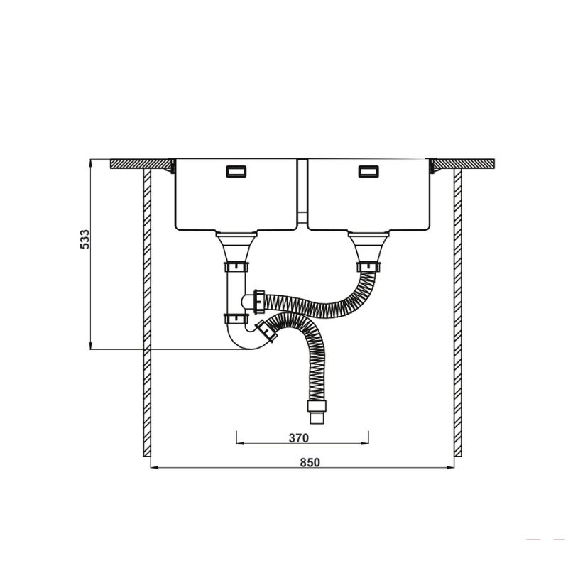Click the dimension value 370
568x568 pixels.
[299, 437]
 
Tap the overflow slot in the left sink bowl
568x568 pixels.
[235, 171]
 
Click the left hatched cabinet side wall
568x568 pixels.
[146, 312]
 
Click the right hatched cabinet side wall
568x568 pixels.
[458, 312]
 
